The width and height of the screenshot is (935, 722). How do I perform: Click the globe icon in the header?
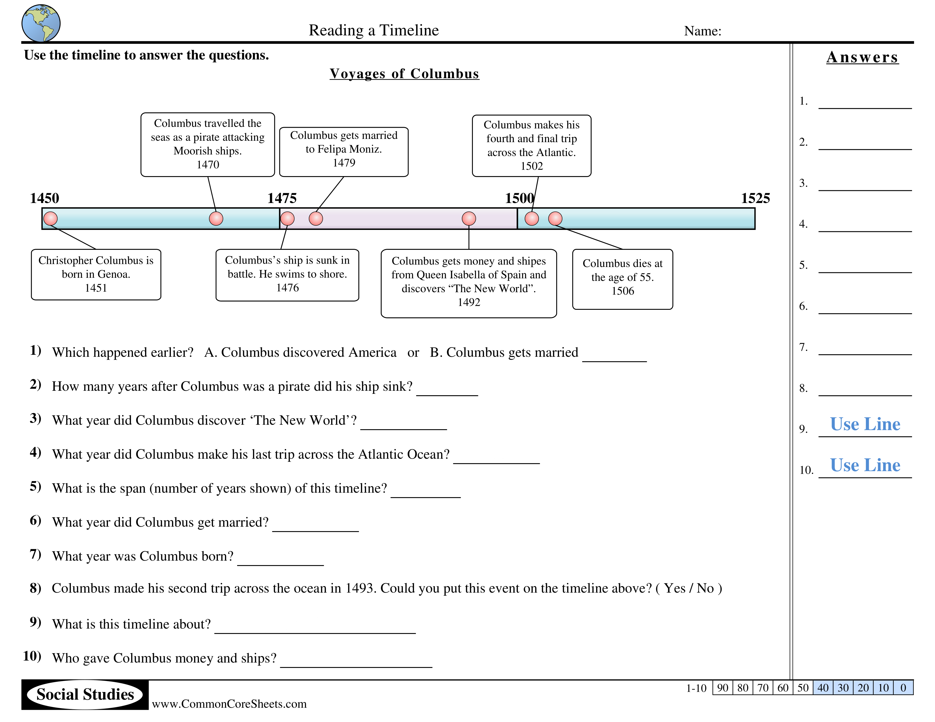pyautogui.click(x=41, y=23)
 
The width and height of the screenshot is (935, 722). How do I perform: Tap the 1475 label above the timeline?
pyautogui.click(x=282, y=198)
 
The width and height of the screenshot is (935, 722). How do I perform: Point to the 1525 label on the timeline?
pyautogui.click(x=755, y=198)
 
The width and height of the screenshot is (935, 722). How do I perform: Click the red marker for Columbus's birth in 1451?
pyautogui.click(x=50, y=219)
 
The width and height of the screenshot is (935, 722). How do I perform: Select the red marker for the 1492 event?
pyautogui.click(x=469, y=219)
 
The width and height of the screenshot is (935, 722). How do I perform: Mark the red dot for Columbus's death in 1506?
pyautogui.click(x=555, y=219)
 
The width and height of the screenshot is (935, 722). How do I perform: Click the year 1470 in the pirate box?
pyautogui.click(x=208, y=165)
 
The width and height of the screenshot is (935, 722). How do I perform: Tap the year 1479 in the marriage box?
pyautogui.click(x=344, y=163)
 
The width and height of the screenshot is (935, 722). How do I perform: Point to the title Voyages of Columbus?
pyautogui.click(x=404, y=74)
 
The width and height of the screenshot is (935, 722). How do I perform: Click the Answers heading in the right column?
pyautogui.click(x=862, y=57)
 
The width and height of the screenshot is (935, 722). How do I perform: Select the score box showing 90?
pyautogui.click(x=723, y=688)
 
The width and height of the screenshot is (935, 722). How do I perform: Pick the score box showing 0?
pyautogui.click(x=903, y=688)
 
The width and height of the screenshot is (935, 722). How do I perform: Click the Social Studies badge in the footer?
pyautogui.click(x=85, y=694)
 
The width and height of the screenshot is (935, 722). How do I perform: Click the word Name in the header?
pyautogui.click(x=702, y=31)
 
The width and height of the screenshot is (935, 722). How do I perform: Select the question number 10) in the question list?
pyautogui.click(x=32, y=656)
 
